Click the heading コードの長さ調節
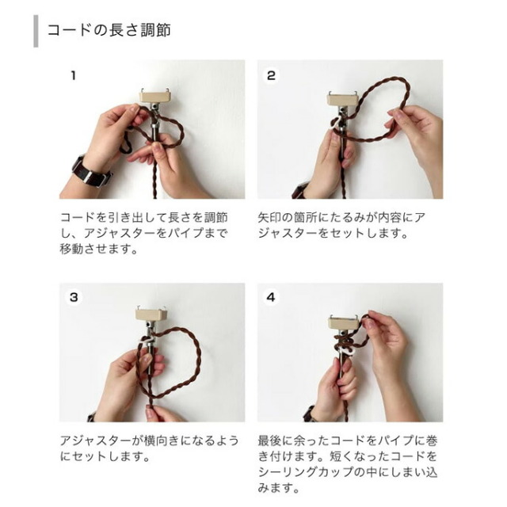[109, 30]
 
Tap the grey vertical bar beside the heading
[36, 31]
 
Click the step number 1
[74, 76]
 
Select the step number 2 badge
[271, 76]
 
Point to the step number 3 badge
[74, 297]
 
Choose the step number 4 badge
[271, 297]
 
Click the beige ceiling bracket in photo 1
[154, 96]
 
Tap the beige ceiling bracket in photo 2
[343, 98]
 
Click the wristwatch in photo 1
[91, 172]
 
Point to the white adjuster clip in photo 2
[336, 124]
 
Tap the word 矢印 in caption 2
[269, 218]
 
